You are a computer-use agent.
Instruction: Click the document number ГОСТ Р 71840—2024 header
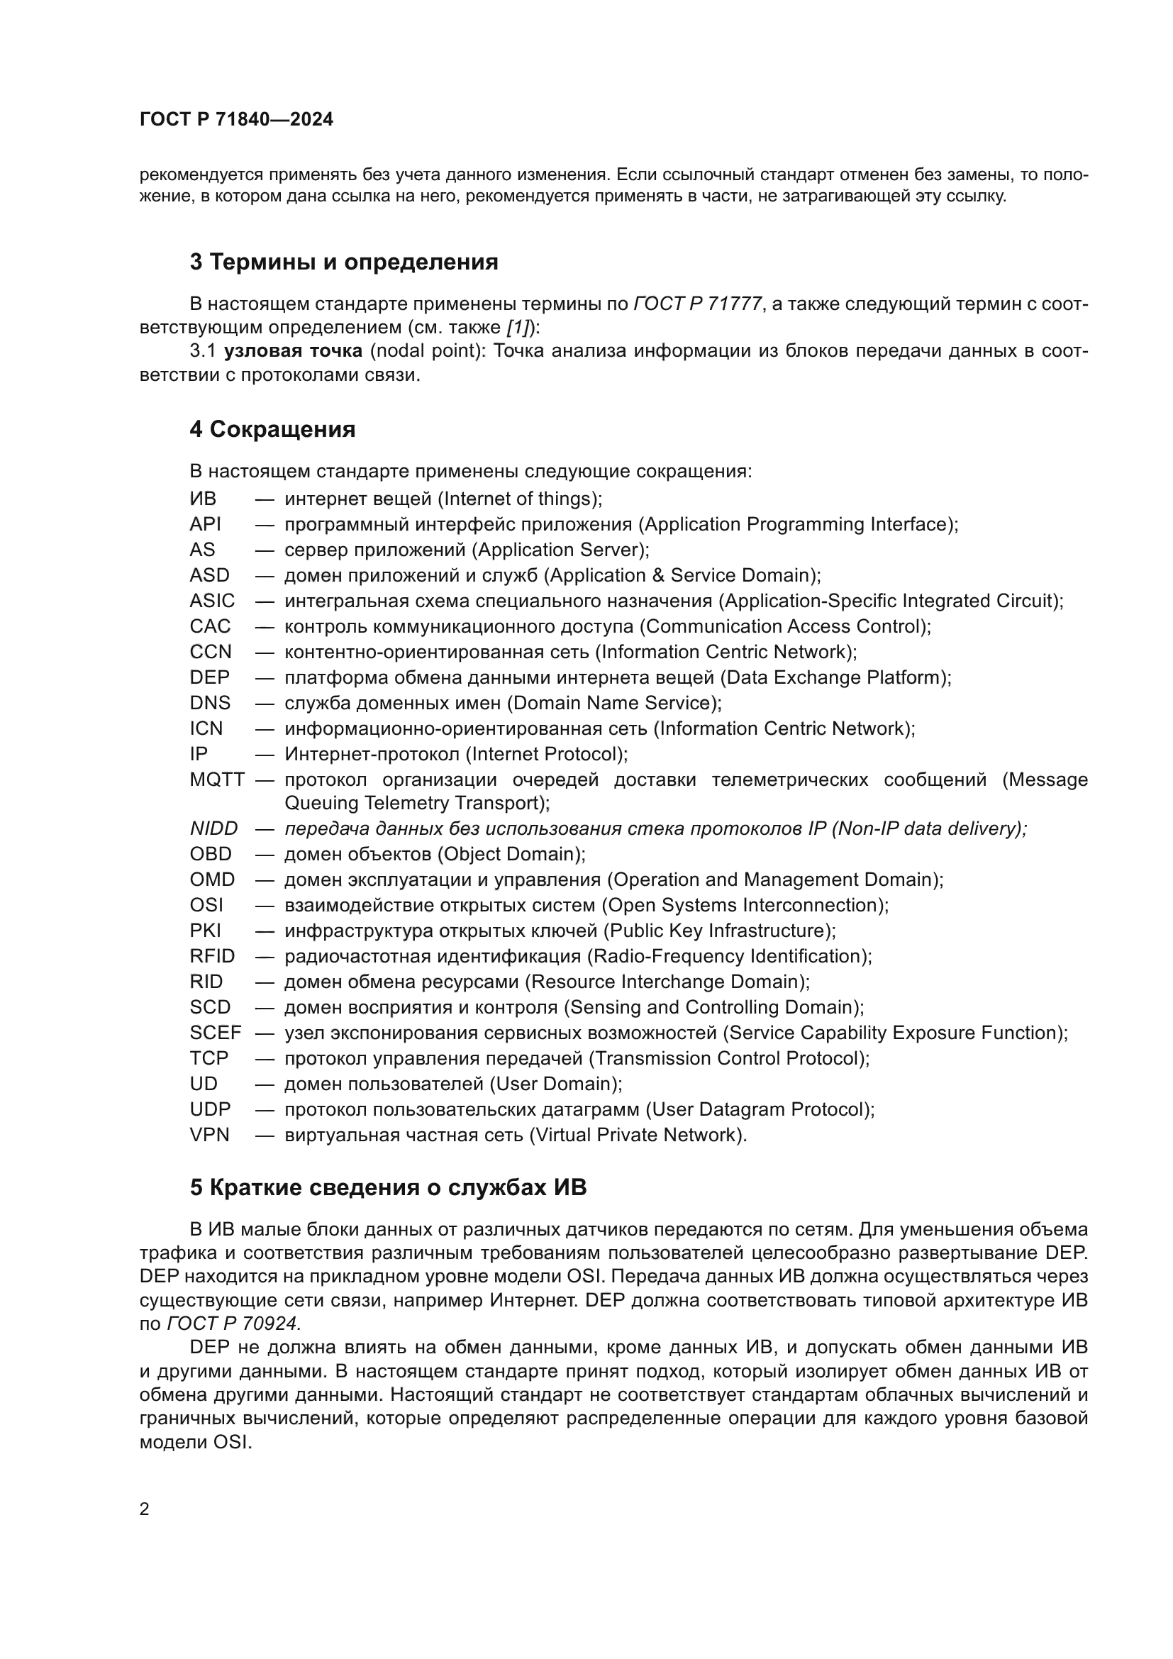pos(236,120)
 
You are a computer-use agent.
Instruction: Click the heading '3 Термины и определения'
pos(344,262)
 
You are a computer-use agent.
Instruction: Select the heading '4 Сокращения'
pos(272,429)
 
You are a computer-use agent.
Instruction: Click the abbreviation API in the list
pos(205,525)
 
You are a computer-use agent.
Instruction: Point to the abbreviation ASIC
pos(212,601)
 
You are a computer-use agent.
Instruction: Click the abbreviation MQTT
pos(218,780)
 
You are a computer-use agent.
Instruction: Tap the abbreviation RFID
pos(212,957)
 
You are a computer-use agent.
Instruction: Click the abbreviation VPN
pos(209,1135)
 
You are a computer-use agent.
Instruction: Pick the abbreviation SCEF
pos(216,1033)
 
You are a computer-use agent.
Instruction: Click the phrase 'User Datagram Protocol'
pos(760,1110)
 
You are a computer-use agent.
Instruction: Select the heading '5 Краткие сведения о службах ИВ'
pos(388,1188)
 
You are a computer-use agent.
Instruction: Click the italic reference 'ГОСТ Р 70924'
pos(233,1324)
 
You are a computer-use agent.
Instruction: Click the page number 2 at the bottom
pos(145,1509)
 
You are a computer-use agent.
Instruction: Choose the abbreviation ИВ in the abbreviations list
pos(203,499)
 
